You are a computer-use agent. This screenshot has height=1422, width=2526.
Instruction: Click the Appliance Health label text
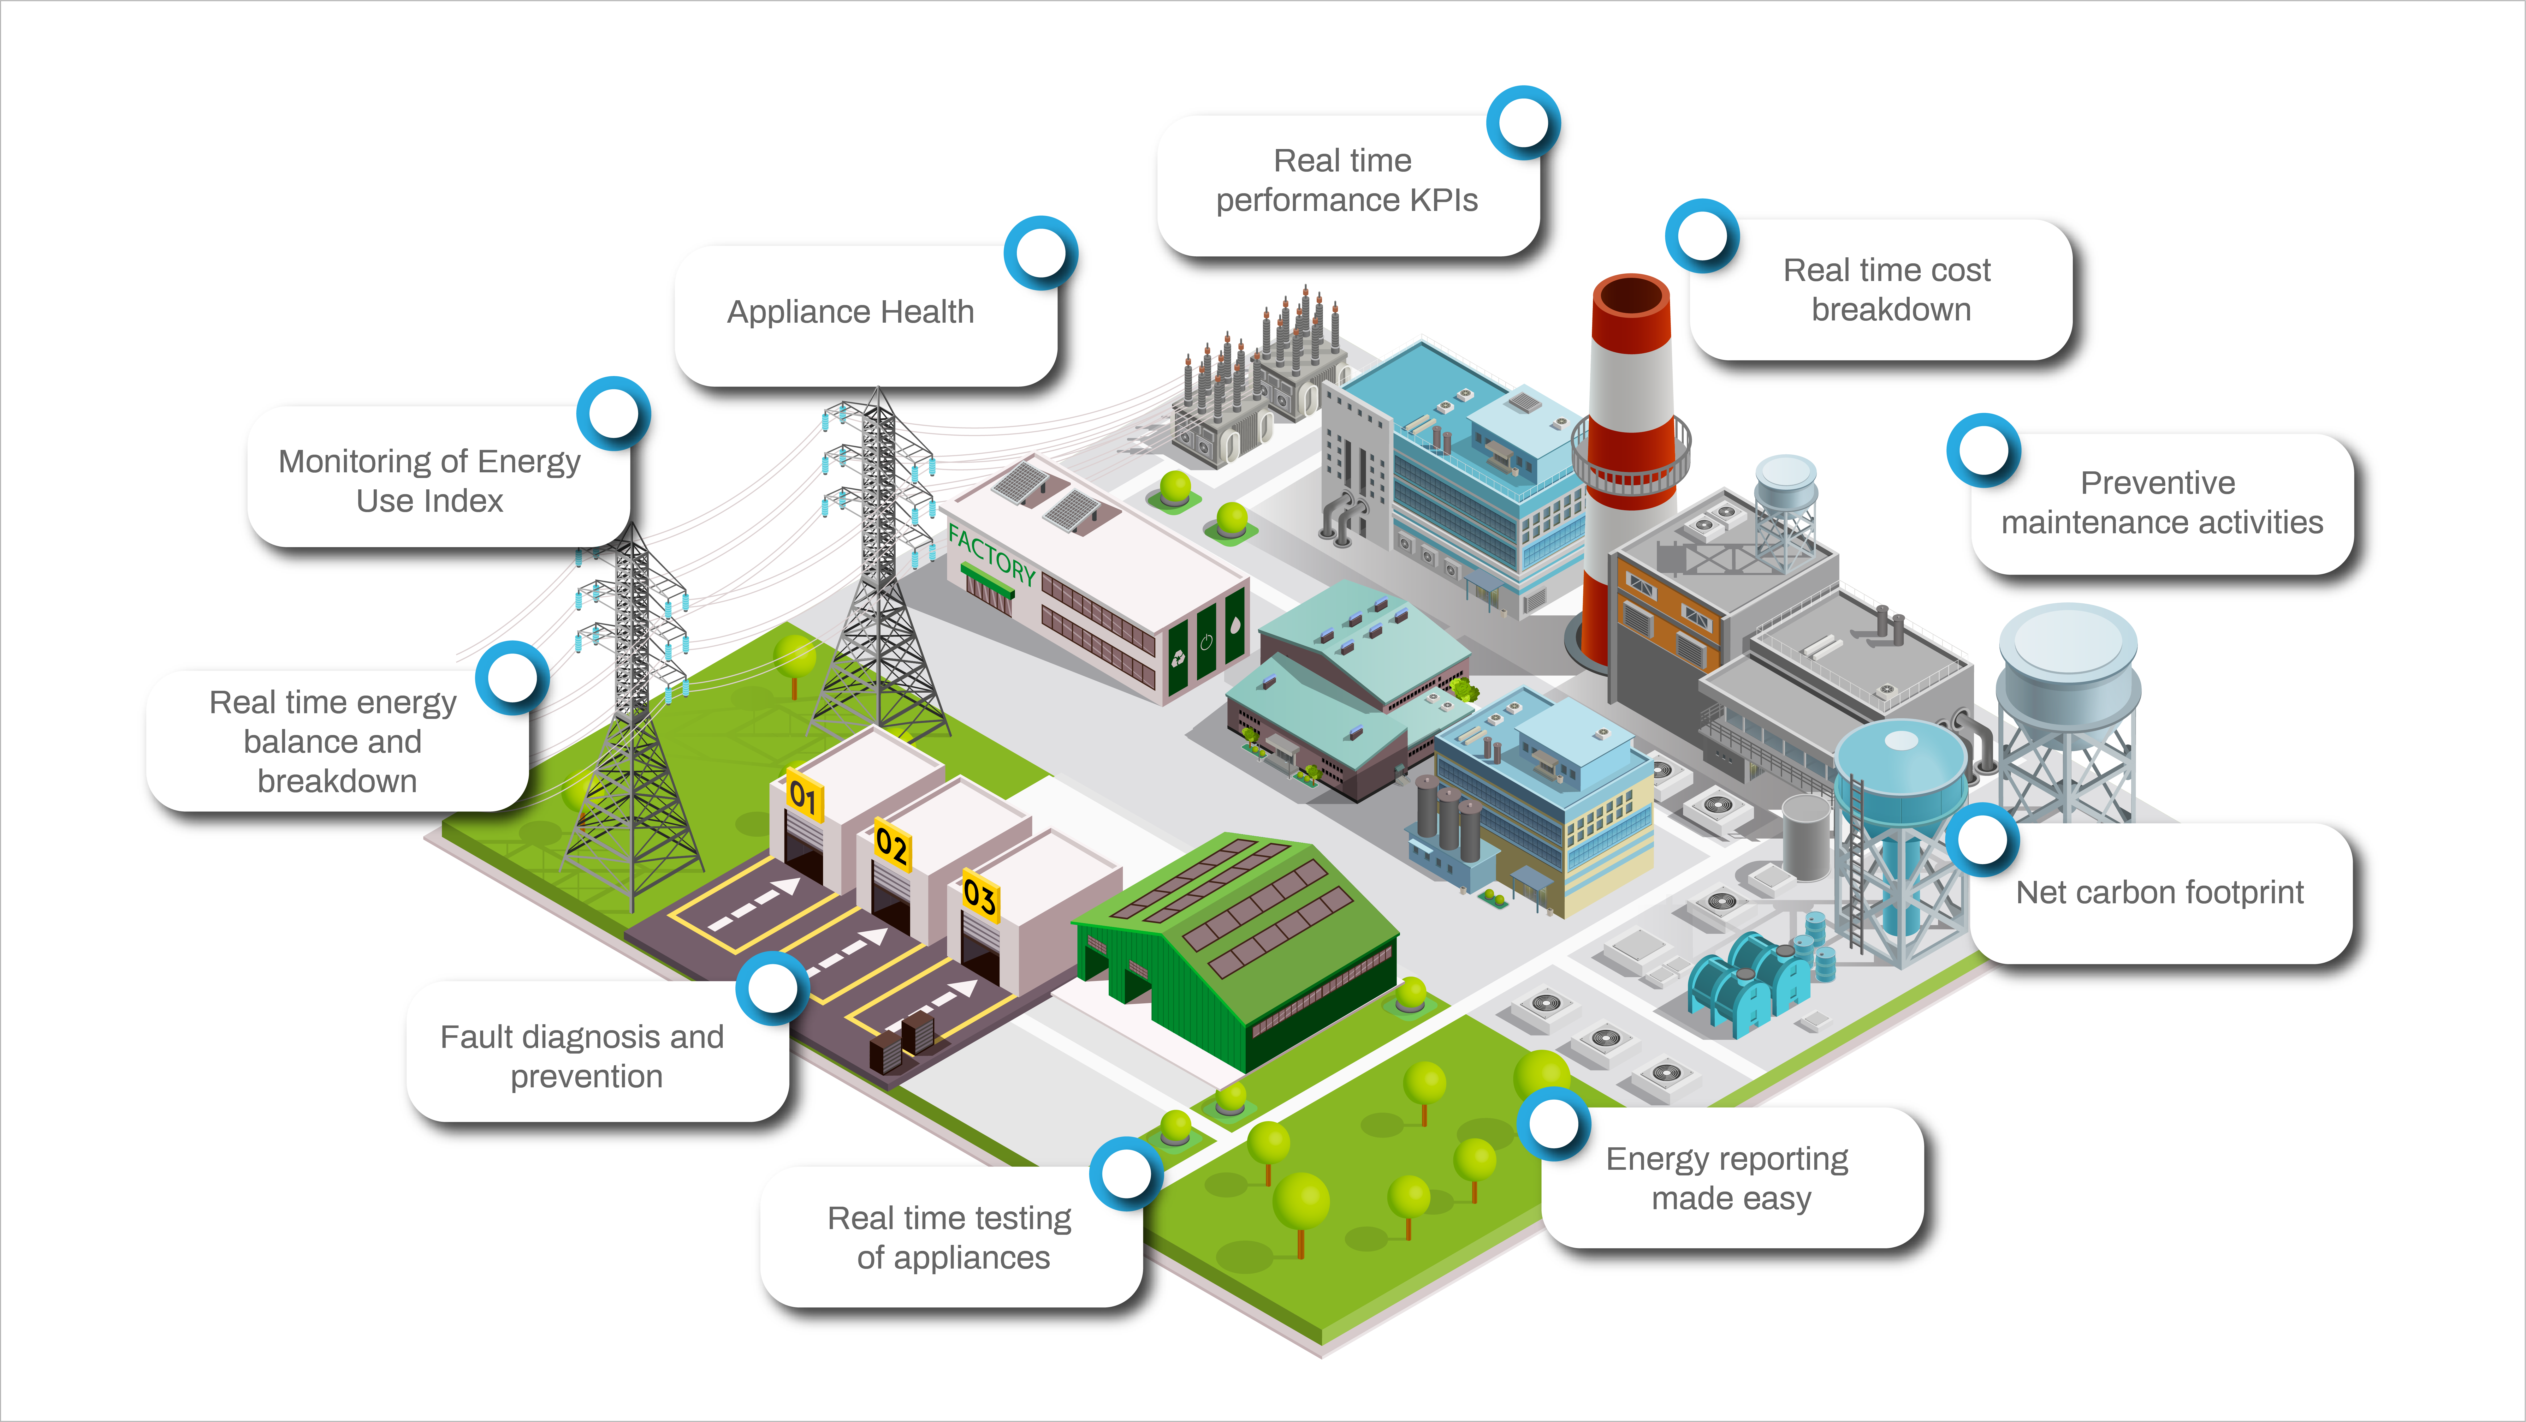point(850,312)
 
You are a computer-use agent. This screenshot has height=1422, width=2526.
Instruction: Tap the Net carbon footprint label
point(2159,893)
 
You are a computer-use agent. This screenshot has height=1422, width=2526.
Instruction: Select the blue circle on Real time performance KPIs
point(1523,122)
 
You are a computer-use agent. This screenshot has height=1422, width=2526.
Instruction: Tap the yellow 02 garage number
point(891,844)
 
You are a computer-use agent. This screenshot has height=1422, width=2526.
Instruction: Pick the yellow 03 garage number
point(980,895)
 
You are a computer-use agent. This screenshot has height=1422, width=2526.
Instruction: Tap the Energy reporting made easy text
point(1729,1178)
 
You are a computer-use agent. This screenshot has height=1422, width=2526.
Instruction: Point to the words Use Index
point(430,501)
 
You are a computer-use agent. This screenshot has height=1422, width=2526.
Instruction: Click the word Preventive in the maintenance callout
point(2157,482)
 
